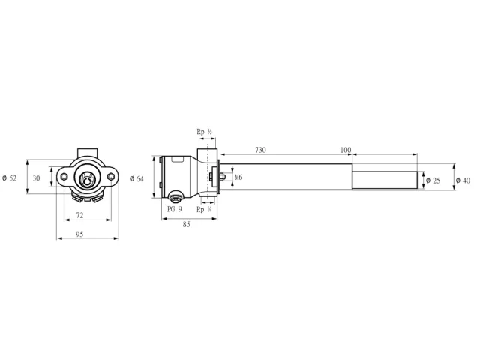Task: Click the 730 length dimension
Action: coord(260,150)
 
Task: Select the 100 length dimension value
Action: coord(346,150)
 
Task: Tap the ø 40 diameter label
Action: coord(463,181)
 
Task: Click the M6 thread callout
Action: coord(238,177)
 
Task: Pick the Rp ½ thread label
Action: coord(204,132)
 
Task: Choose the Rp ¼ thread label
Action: coord(204,210)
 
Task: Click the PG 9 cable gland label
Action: coord(175,209)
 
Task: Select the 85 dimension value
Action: coord(186,225)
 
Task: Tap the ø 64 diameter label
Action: coord(136,178)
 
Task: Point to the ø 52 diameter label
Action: coord(10,178)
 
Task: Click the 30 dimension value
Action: coord(36,178)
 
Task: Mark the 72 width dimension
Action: coord(79,215)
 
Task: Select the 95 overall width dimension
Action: coord(79,235)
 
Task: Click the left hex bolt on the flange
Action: coord(64,177)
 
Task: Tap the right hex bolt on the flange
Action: coord(111,177)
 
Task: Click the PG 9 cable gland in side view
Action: coord(175,197)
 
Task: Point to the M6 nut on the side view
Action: coord(223,177)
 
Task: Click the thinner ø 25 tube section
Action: coord(385,180)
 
